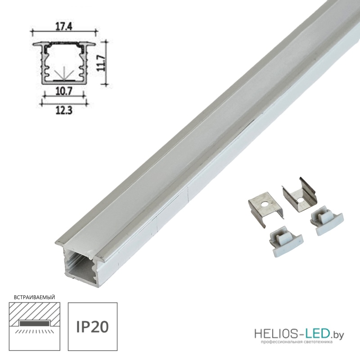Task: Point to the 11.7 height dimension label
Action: coord(102,63)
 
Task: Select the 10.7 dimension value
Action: coord(64,92)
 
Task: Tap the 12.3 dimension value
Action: coord(64,111)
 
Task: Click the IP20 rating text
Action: coord(92,327)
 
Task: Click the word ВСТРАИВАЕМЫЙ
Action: coord(35,297)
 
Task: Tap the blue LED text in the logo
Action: coord(317,334)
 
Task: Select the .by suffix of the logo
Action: coord(337,336)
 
